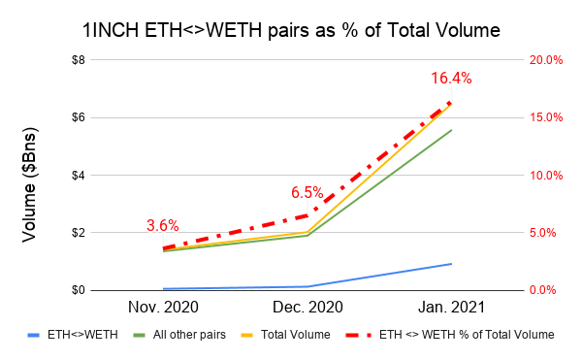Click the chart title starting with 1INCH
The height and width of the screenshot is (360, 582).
pos(291,30)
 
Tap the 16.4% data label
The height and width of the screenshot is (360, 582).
pos(452,78)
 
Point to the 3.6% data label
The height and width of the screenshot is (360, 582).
pos(163,225)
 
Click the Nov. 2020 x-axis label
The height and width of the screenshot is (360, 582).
pos(163,308)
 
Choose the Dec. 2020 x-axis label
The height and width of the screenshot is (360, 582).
pos(307,308)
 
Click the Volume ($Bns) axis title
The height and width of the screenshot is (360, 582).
pos(32,176)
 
